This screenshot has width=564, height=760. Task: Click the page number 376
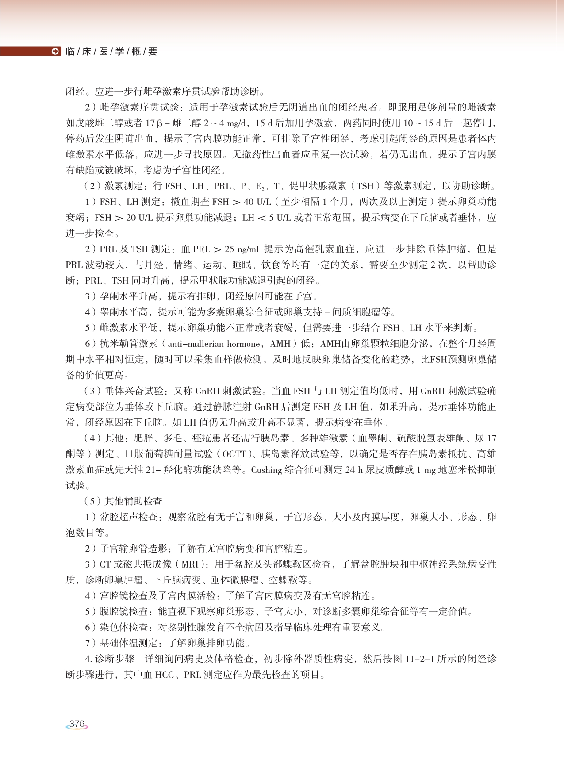pos(77,724)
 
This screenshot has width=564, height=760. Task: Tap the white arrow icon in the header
pos(55,51)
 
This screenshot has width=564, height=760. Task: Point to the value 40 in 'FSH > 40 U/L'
pos(249,202)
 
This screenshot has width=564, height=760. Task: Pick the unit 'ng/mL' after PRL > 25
pos(249,249)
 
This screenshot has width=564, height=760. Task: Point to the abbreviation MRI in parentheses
pos(190,564)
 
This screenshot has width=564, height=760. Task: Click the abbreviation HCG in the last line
pos(165,675)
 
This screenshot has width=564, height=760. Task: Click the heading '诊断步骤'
pos(115,659)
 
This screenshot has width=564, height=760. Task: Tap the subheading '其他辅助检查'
pos(134,501)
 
